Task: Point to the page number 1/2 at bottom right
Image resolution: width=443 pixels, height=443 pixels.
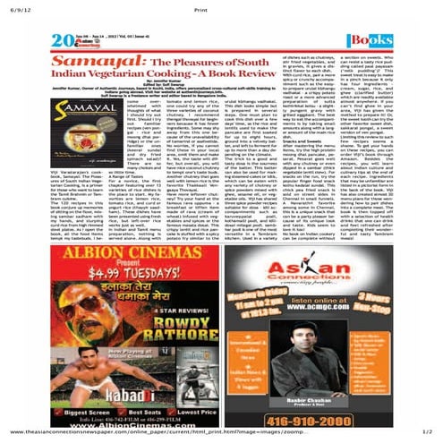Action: point(428,435)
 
